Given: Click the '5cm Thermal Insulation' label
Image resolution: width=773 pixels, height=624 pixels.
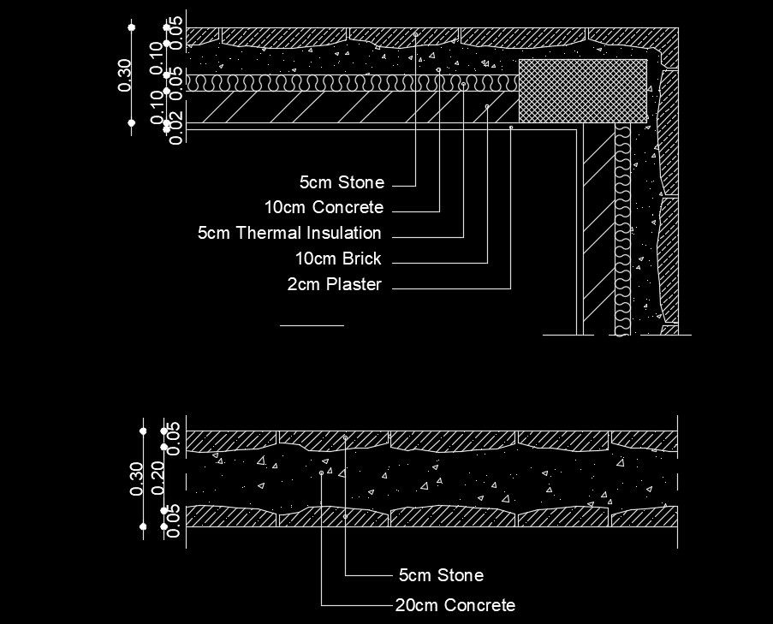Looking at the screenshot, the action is tap(289, 233).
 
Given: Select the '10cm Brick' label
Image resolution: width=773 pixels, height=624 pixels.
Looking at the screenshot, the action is tap(338, 259).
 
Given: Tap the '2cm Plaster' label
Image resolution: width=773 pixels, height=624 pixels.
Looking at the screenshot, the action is tap(334, 285).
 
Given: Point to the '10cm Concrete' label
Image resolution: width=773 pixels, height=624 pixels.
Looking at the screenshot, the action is tap(324, 207).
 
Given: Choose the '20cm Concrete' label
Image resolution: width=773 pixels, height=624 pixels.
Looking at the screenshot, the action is tap(455, 606).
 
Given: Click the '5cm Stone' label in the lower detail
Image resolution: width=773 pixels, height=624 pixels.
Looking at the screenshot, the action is tap(441, 575).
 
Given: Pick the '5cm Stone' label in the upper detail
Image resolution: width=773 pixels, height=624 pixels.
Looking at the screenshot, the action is tap(342, 182).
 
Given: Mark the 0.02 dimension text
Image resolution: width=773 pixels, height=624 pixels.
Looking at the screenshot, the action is tap(176, 132).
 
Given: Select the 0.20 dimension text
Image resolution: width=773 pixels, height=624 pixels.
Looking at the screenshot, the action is tap(158, 478).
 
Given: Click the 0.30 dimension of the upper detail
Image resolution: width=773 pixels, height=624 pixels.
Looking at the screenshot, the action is tap(125, 75).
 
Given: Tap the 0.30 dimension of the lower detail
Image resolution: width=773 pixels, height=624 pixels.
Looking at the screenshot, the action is tap(136, 478).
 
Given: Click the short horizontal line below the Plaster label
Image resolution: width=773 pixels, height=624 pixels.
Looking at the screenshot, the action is tap(312, 325).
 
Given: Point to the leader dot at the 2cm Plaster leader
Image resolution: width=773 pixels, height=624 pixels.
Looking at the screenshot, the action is tap(511, 128).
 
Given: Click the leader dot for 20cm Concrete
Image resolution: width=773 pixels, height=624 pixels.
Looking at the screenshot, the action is tap(322, 472).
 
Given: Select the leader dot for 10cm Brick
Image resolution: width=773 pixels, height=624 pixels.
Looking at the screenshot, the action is tap(487, 106).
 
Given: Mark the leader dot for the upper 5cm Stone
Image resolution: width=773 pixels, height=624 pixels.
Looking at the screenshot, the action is tap(415, 35).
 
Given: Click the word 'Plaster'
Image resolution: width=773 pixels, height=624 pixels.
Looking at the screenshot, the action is tap(354, 285).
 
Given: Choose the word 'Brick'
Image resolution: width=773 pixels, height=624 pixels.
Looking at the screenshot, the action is tap(363, 259).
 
